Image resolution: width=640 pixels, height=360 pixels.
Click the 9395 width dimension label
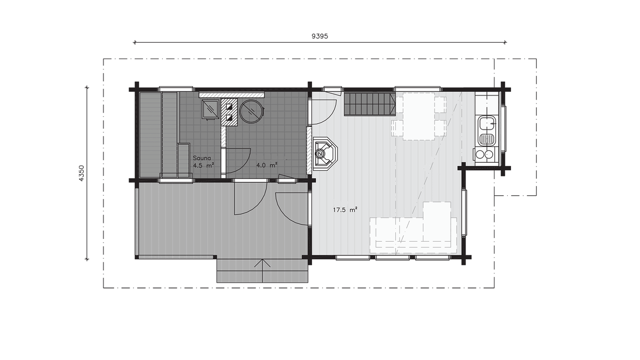[x=319, y=36]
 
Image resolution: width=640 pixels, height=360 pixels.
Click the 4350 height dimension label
[x=82, y=173]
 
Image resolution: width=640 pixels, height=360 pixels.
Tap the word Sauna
[x=202, y=158]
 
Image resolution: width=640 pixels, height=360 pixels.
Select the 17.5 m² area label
[x=345, y=210]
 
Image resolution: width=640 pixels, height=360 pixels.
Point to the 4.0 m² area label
[x=267, y=165]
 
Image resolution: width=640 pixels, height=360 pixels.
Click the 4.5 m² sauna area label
[x=203, y=165]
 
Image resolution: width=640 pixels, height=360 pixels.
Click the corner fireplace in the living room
[x=325, y=154]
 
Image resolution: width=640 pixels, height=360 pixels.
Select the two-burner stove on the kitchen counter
[x=485, y=155]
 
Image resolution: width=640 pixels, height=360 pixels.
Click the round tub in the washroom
[x=251, y=111]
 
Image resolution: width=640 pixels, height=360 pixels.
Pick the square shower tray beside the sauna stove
[x=211, y=109]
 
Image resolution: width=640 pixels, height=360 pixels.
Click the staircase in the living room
[x=370, y=104]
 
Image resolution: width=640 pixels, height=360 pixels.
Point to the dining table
[x=419, y=116]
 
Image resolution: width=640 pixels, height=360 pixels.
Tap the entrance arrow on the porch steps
[x=262, y=270]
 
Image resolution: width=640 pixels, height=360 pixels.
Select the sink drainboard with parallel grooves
[x=487, y=139]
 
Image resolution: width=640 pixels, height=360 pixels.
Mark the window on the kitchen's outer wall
[x=504, y=129]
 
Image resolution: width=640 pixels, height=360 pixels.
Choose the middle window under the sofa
[x=393, y=258]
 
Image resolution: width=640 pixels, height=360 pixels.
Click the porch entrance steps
[x=262, y=270]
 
